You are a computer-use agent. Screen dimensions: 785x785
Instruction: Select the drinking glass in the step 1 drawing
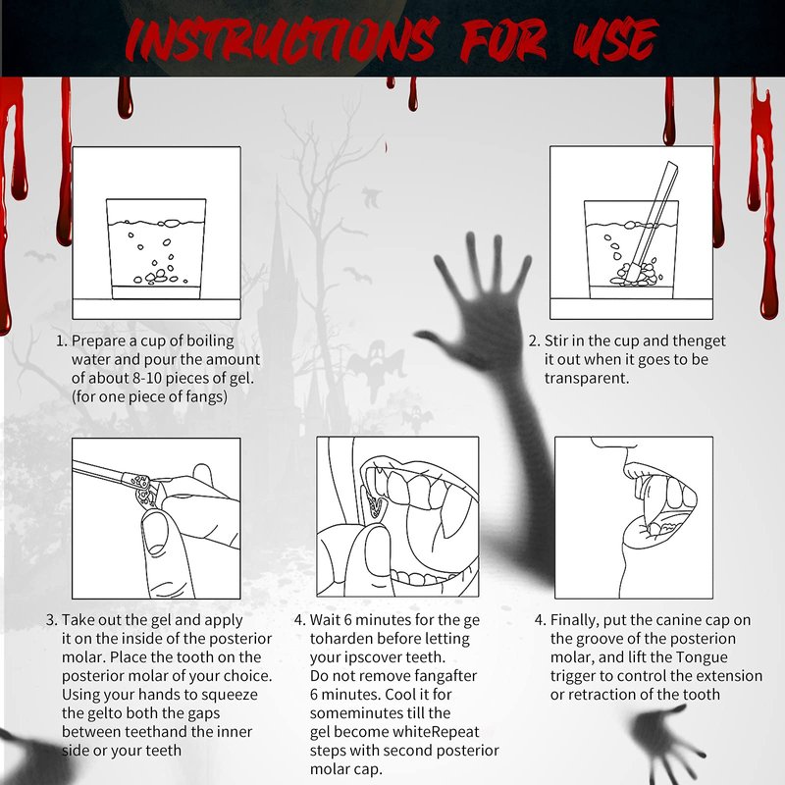point(156,249)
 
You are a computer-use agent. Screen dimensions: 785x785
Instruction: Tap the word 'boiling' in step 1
point(210,341)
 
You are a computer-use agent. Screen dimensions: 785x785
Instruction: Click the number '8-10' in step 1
point(147,378)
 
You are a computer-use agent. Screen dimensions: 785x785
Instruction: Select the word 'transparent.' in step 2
point(587,379)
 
